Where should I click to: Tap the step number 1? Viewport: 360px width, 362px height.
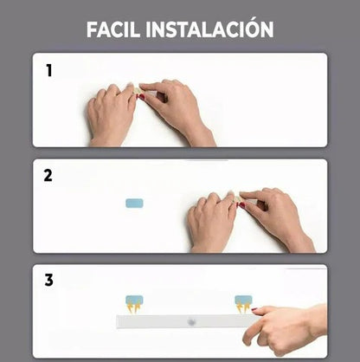pyautogui.click(x=48, y=71)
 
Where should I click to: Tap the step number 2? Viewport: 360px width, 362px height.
pyautogui.click(x=48, y=175)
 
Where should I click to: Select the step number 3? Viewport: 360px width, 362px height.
pyautogui.click(x=48, y=280)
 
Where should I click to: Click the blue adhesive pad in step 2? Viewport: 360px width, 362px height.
pyautogui.click(x=134, y=204)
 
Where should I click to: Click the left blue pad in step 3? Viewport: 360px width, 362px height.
pyautogui.click(x=134, y=300)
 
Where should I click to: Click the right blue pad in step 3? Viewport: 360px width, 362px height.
pyautogui.click(x=243, y=300)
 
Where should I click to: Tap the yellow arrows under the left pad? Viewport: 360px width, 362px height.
pyautogui.click(x=134, y=308)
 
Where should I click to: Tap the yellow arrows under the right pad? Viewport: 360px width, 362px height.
pyautogui.click(x=243, y=308)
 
